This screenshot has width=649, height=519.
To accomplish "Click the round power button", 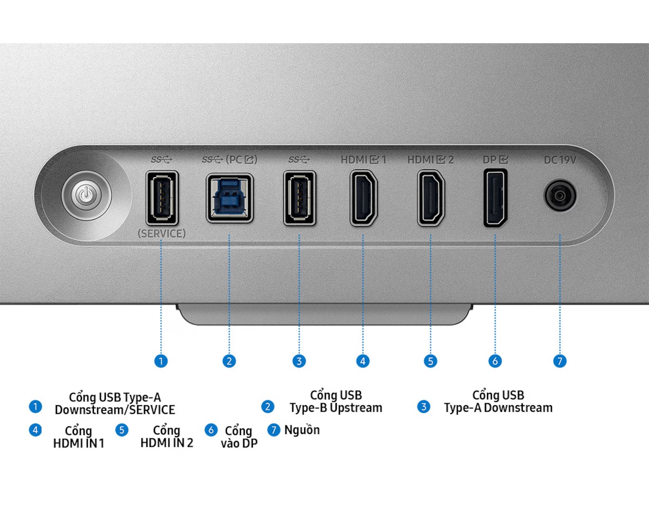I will [86, 195].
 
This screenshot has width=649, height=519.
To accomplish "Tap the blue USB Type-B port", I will [230, 198].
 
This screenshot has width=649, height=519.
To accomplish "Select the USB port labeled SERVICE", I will [162, 197].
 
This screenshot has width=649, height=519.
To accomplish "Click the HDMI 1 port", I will [363, 197].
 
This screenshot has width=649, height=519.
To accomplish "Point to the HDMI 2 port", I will [431, 197].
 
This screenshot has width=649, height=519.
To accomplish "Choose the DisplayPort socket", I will [495, 197].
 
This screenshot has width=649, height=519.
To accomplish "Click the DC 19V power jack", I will [560, 195].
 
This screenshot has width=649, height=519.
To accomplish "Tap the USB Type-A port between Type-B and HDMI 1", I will [299, 197].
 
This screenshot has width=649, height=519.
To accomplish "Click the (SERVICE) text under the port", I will [162, 233].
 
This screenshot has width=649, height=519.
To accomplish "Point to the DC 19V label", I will [560, 160].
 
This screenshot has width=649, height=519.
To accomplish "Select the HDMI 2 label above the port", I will [430, 160].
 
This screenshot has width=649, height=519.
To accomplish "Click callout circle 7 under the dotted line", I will [560, 361].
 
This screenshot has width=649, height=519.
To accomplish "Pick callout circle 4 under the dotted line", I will [363, 361].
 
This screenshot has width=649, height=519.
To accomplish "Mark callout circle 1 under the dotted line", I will [161, 361].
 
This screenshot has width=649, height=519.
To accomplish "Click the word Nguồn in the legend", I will [302, 430].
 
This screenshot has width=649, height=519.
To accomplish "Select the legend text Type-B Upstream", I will [336, 408].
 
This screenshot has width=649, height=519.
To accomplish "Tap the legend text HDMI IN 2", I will [167, 443].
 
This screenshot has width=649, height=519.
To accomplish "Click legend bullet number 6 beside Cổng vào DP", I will [211, 430].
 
